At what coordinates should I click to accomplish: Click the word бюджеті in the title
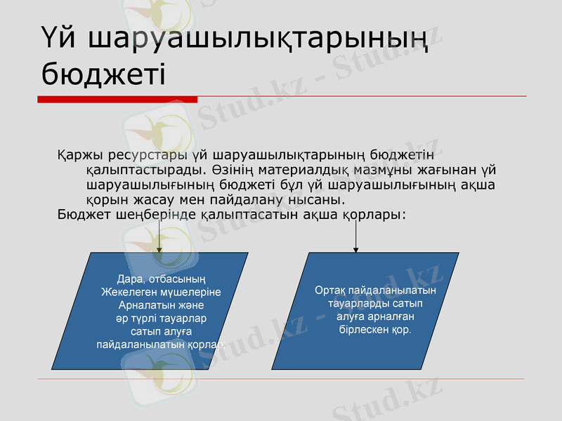pos(103,72)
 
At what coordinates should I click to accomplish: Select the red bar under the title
pos(117,100)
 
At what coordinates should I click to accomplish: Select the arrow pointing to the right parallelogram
pos(356,241)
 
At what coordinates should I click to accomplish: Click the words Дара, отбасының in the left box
pos(160,280)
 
